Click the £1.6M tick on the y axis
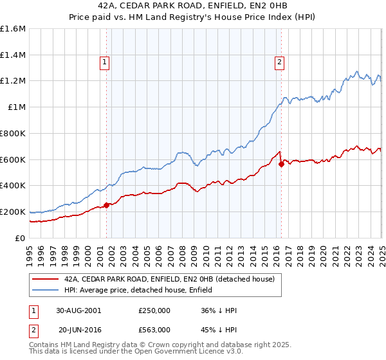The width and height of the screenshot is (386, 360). click(13, 28)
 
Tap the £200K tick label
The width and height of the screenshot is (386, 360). click(13, 212)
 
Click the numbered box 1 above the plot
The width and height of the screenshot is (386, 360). click(104, 62)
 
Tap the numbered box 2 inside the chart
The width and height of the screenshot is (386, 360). click(280, 62)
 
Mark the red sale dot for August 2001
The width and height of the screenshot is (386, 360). click(107, 206)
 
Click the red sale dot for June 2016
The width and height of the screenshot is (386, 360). click(281, 165)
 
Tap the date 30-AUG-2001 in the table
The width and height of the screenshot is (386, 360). click(78, 310)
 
